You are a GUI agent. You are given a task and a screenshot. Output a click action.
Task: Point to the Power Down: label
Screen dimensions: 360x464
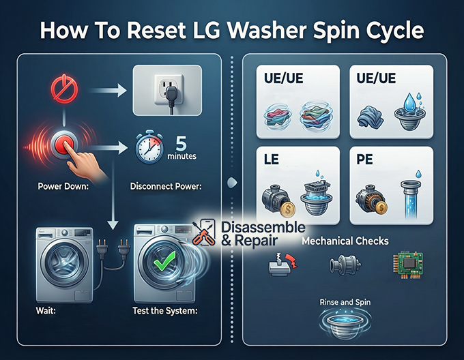(x=66, y=185)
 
